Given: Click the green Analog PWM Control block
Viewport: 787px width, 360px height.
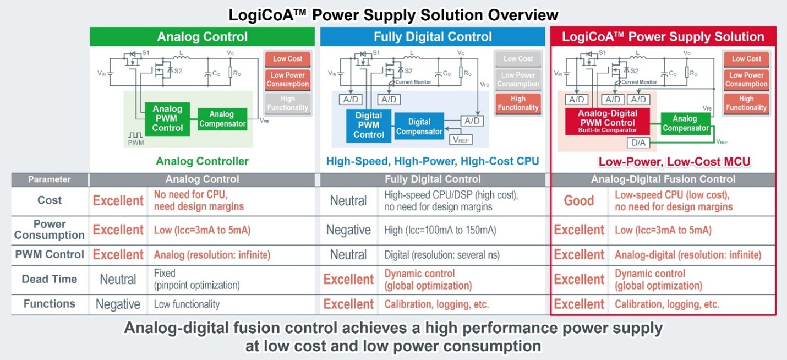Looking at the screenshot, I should [167, 118].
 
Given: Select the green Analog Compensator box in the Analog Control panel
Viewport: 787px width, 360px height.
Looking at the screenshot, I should [222, 119].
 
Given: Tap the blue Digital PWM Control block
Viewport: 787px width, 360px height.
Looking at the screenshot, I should [369, 125].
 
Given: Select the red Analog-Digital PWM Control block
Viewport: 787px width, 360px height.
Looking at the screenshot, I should [607, 121].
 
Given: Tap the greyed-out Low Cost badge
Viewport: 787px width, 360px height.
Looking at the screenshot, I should [518, 59].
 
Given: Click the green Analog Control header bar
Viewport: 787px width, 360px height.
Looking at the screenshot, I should [202, 37].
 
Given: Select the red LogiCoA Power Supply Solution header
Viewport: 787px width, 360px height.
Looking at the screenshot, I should [663, 37].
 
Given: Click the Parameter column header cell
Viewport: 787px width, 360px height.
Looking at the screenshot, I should [50, 179].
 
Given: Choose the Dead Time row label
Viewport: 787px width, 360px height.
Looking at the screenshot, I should [50, 279].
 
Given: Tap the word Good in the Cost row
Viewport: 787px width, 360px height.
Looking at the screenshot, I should [579, 201].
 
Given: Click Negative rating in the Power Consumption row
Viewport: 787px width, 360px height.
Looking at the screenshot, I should [348, 230].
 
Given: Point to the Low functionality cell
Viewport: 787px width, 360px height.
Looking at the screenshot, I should [187, 304].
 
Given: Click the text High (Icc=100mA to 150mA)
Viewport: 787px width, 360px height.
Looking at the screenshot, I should [440, 230].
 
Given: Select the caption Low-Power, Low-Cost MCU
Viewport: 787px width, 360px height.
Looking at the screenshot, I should [674, 162].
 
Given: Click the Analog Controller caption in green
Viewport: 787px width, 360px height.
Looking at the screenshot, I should [202, 162].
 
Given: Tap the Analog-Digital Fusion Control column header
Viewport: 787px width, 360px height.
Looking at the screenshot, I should [663, 179].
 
